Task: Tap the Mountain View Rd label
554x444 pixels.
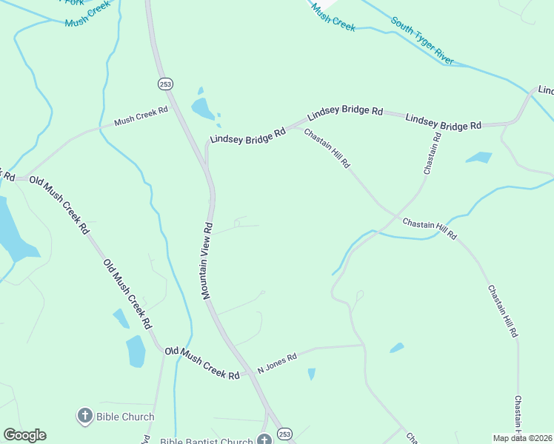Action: click(207, 260)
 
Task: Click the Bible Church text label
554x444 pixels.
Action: click(125, 417)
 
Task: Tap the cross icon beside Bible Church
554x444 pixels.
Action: click(84, 416)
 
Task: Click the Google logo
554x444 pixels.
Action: click(24, 435)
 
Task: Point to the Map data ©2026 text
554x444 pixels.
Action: click(523, 438)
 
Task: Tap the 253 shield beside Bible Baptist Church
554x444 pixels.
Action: click(285, 433)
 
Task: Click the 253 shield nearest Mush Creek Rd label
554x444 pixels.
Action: click(164, 84)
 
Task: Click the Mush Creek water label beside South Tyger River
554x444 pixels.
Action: click(333, 17)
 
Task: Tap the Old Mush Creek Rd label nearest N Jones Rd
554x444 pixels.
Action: click(202, 363)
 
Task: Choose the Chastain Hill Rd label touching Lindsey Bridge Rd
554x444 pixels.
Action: click(327, 149)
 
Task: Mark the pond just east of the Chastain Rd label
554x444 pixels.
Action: click(478, 157)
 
